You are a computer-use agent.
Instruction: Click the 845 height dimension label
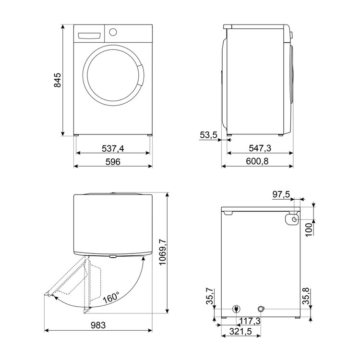pos(58,80)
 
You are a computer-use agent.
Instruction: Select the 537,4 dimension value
pos(113,148)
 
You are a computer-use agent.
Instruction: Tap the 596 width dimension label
pos(113,162)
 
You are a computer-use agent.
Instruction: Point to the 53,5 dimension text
pos(208,135)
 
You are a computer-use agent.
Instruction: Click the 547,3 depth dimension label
pos(260,148)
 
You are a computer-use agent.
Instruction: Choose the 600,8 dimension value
pos(257,161)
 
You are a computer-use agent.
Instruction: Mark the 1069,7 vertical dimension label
pos(162,252)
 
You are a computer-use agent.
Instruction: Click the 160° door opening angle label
pos(111,297)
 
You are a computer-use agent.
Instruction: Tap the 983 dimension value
pos(98,325)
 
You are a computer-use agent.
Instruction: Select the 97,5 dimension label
pos(281,195)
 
